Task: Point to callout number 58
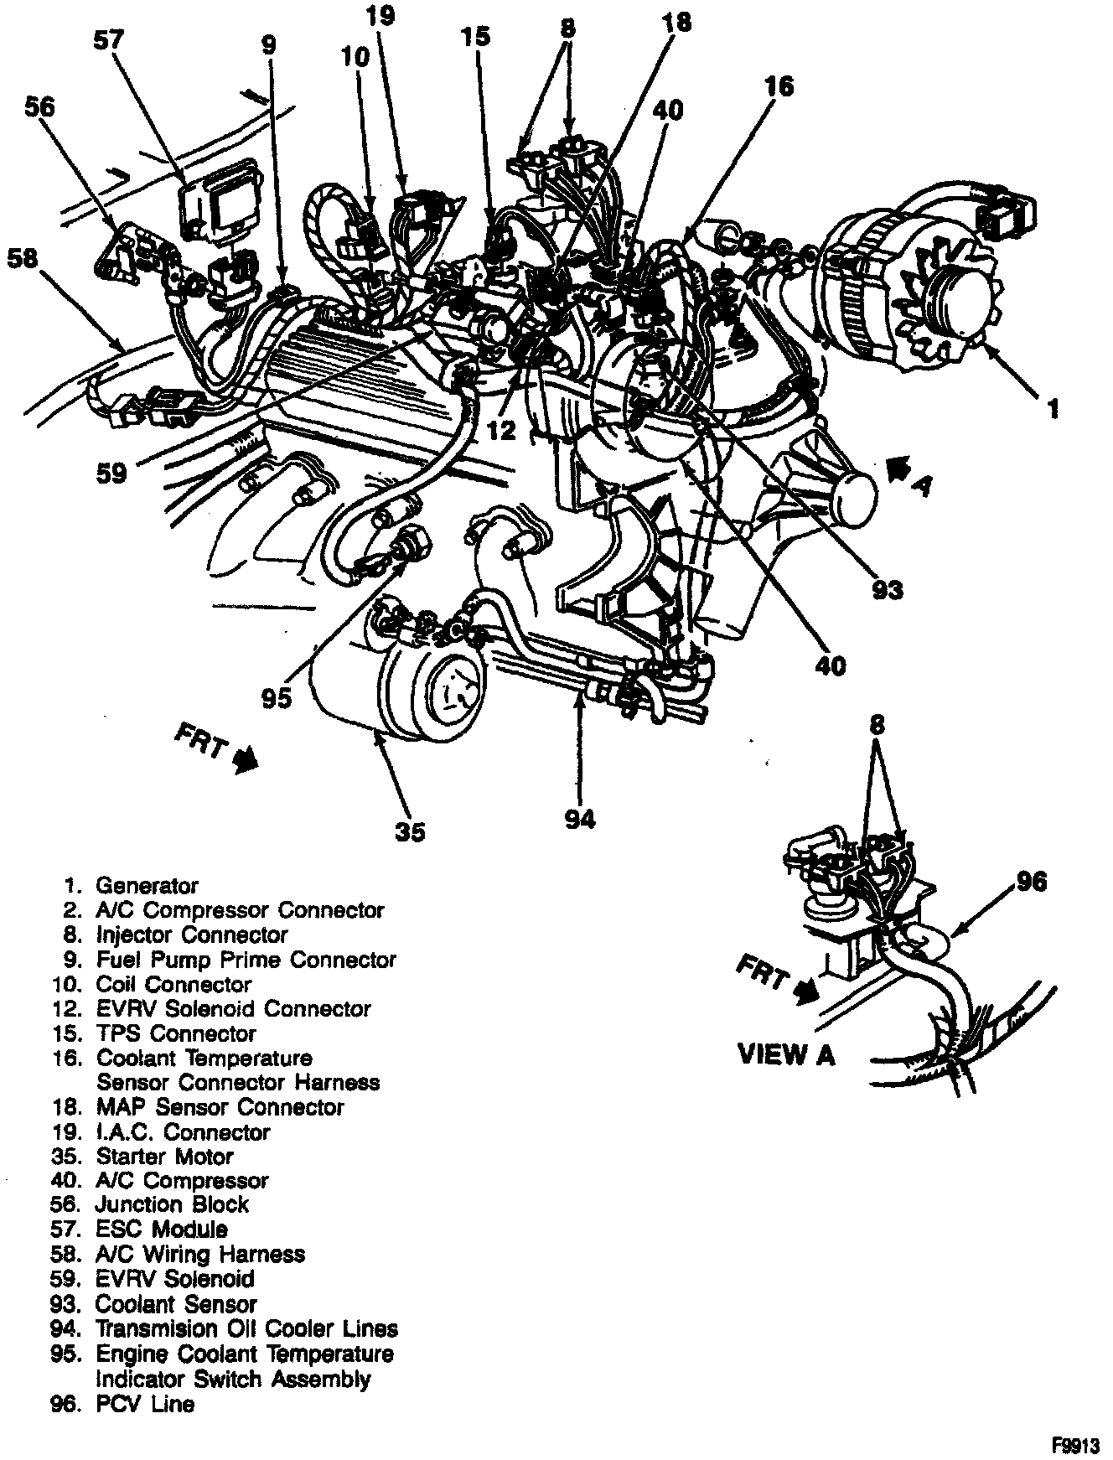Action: (x=23, y=258)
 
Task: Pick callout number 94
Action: (x=579, y=818)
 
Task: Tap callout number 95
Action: (x=276, y=697)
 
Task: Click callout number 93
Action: (x=888, y=590)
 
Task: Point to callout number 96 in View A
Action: (x=1032, y=882)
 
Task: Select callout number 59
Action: (x=111, y=474)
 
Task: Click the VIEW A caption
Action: (x=786, y=1054)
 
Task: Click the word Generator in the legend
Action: (x=147, y=885)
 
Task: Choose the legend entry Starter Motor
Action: (x=164, y=1157)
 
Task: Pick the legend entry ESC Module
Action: (x=161, y=1230)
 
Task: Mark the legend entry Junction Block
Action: (x=172, y=1204)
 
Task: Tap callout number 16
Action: (x=779, y=86)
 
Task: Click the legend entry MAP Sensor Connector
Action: (x=220, y=1107)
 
